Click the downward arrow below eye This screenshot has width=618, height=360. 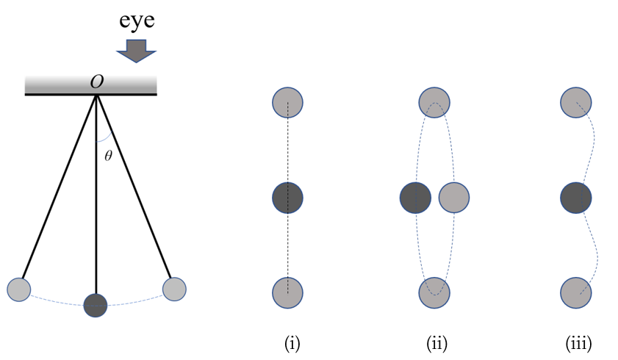click(x=137, y=50)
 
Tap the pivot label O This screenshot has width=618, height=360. click(x=96, y=82)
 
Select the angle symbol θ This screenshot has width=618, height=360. click(x=107, y=156)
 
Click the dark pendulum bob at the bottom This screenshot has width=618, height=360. click(x=96, y=304)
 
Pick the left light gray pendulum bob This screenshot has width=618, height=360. click(x=19, y=289)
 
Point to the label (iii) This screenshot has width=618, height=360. click(x=578, y=343)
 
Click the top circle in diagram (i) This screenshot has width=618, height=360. click(x=287, y=102)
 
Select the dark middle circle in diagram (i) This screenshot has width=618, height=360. click(x=287, y=198)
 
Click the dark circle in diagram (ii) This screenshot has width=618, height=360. click(x=415, y=198)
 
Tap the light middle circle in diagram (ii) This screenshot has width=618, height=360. click(x=454, y=198)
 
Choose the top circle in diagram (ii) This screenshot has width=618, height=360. click(x=434, y=102)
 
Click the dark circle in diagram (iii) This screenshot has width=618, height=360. click(x=576, y=198)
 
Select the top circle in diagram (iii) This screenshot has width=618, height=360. click(x=576, y=102)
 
